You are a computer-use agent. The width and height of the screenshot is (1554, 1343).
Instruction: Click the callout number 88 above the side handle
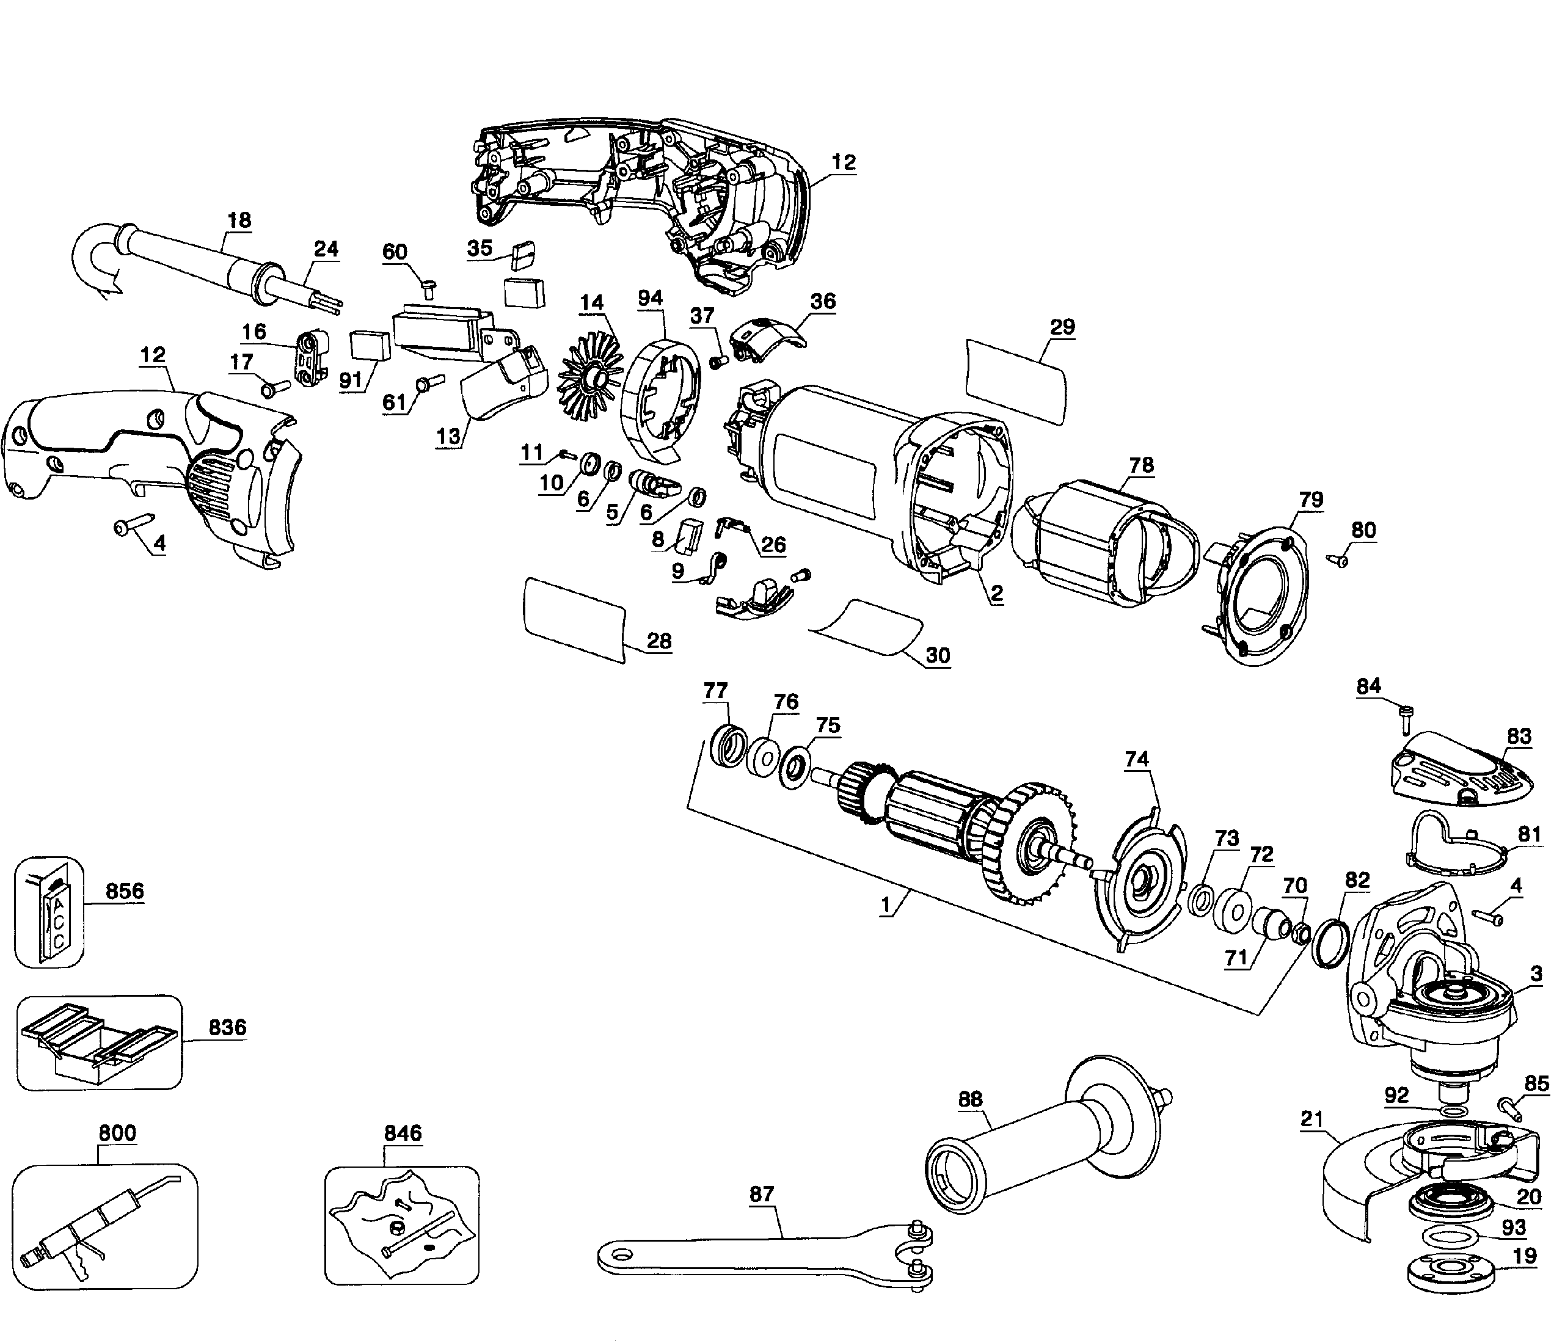(x=970, y=1099)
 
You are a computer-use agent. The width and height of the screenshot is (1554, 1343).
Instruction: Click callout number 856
(x=125, y=891)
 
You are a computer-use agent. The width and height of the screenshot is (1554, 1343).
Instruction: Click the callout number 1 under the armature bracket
(x=887, y=905)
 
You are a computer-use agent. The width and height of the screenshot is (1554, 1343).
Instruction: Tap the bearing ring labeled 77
(x=726, y=747)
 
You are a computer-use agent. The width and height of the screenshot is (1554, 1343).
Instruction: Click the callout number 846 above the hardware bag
(x=403, y=1132)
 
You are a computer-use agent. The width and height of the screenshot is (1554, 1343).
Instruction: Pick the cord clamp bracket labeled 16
(x=309, y=358)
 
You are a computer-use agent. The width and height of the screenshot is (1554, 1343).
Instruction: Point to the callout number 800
(x=117, y=1132)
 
